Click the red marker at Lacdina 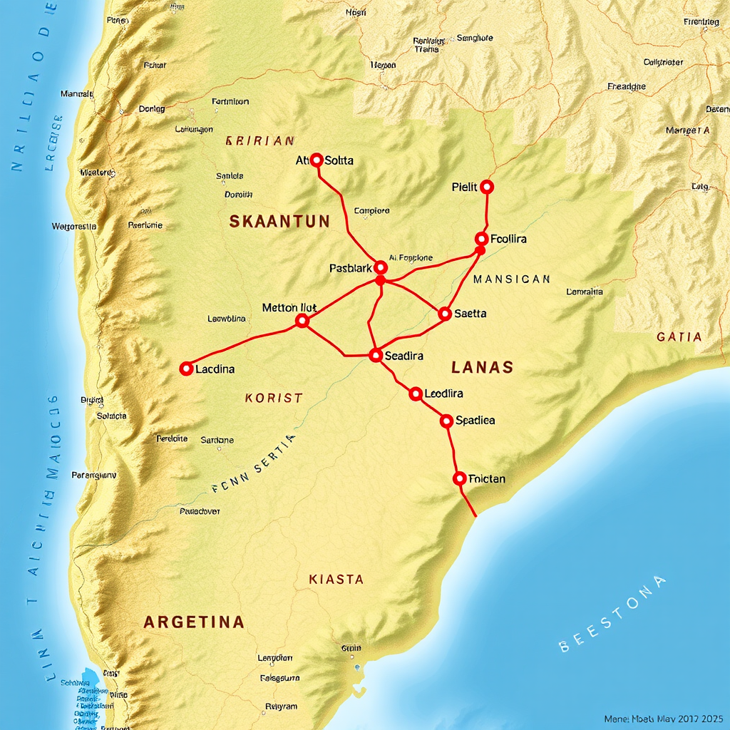[x=186, y=369]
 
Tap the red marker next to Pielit [x=487, y=187]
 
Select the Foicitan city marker [x=460, y=478]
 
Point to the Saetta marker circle [x=445, y=313]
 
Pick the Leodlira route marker [x=416, y=393]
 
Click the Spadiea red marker [x=446, y=421]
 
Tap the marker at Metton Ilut [x=302, y=321]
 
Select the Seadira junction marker [x=376, y=355]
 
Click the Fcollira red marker [x=481, y=239]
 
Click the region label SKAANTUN [x=279, y=222]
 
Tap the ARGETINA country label [x=194, y=622]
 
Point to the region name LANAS [x=482, y=368]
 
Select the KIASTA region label [x=336, y=580]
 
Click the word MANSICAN [x=511, y=279]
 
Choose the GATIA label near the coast [x=679, y=336]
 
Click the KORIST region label [x=274, y=398]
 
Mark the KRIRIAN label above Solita [x=259, y=141]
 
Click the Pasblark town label [x=351, y=269]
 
